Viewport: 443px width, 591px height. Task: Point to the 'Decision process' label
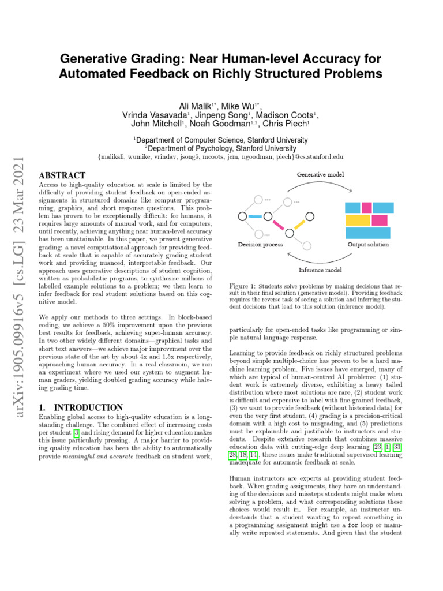click(260, 245)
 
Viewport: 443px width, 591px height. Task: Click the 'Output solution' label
click(367, 245)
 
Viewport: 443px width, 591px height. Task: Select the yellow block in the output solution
click(357, 220)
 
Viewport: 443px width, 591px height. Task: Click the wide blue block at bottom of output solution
click(367, 233)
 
